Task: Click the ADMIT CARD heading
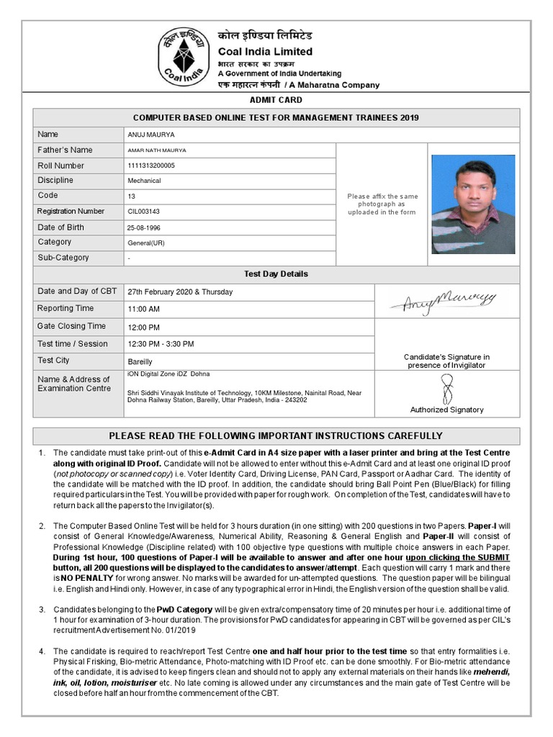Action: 276,100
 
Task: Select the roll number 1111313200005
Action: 151,166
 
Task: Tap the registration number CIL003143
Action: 144,212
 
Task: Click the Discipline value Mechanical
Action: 145,181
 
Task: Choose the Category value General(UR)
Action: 146,243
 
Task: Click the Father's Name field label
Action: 65,150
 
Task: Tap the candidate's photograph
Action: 473,204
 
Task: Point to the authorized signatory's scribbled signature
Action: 447,389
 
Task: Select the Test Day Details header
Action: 276,274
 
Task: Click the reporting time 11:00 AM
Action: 144,309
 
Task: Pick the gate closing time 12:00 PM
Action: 144,327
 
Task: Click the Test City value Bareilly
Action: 140,361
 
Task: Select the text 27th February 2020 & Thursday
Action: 180,291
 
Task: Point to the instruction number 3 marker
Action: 42,609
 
